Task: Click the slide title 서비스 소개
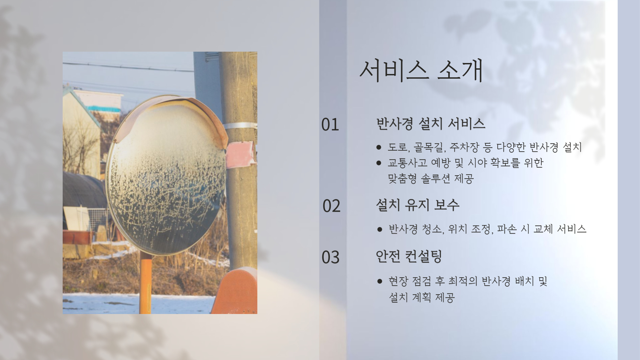(421, 71)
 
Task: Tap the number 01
(330, 124)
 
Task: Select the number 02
(331, 206)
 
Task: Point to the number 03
(330, 257)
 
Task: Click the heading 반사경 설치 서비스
(431, 123)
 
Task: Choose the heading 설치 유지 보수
(418, 205)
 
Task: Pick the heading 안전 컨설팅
(409, 256)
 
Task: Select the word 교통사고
(407, 163)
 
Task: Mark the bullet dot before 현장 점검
(379, 281)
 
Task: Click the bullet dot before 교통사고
(378, 163)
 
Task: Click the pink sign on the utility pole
(241, 154)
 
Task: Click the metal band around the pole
(240, 126)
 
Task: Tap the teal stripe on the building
(104, 109)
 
